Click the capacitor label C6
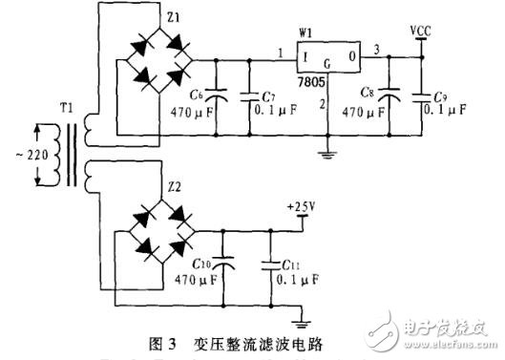pos(199,94)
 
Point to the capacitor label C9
pos(439,96)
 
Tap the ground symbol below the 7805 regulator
pos(326,146)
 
